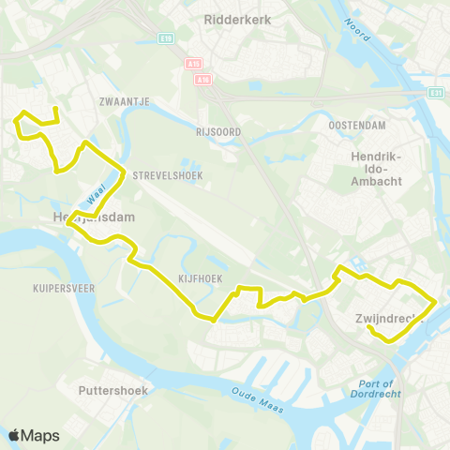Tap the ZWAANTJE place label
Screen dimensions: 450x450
coord(119,98)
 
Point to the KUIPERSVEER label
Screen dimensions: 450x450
coord(64,288)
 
